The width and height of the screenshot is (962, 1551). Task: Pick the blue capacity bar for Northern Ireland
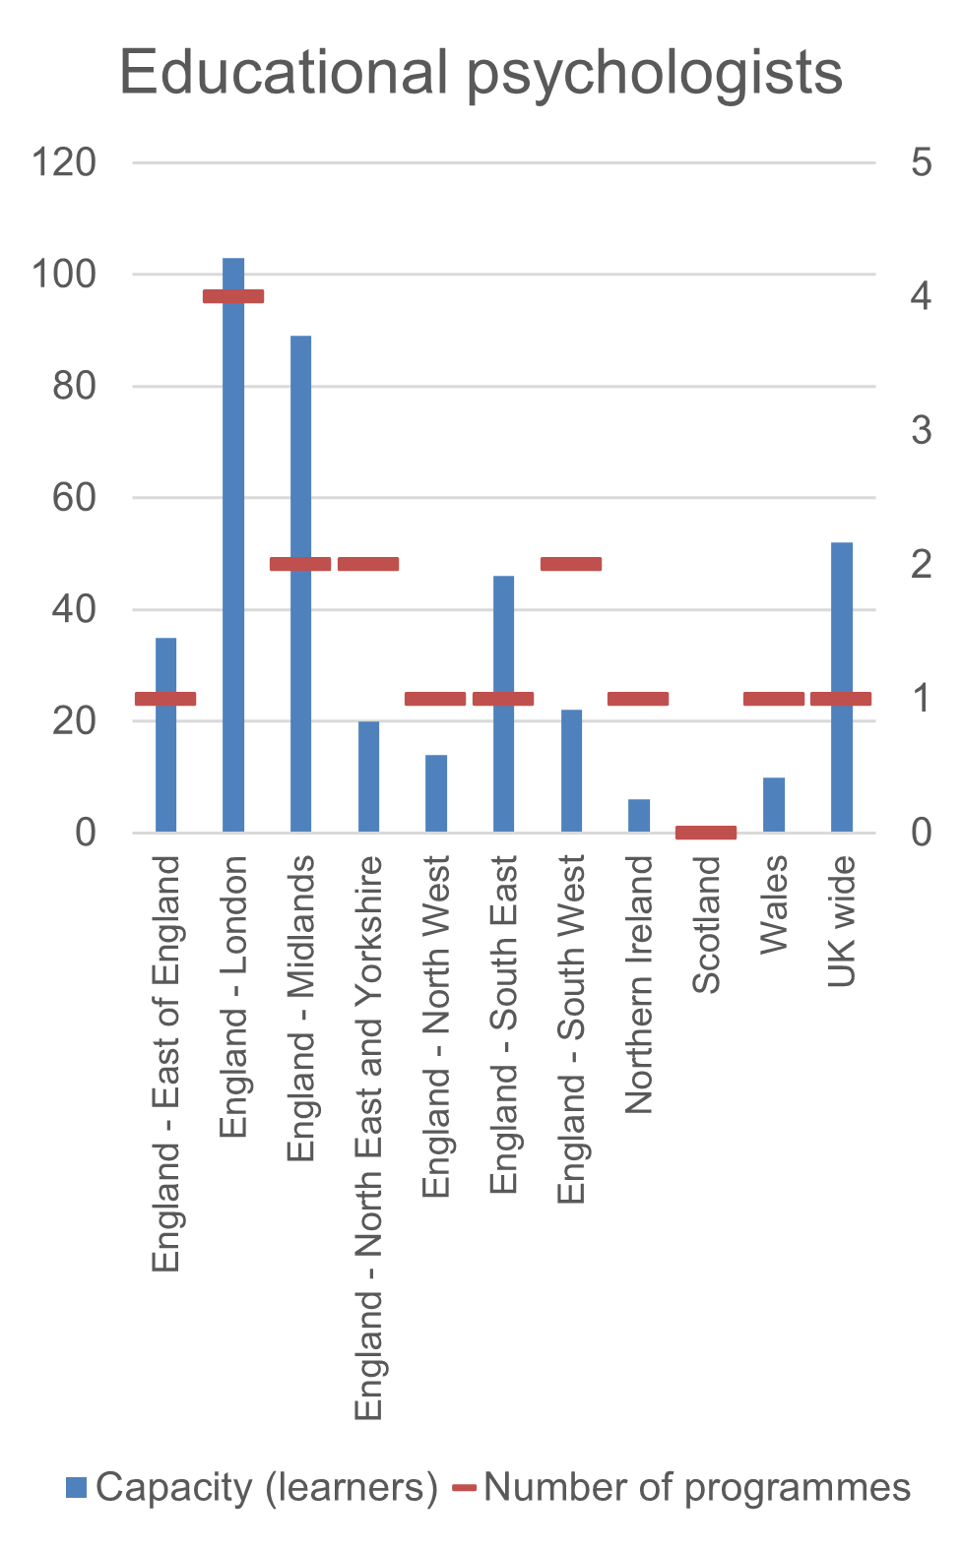coord(639,816)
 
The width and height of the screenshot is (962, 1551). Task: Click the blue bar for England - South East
coord(503,768)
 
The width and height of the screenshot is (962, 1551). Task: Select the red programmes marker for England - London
coord(233,296)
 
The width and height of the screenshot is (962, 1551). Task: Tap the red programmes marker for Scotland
coord(706,833)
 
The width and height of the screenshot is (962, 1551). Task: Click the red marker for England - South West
coord(571,564)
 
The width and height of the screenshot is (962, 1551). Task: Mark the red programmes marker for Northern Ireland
coord(638,699)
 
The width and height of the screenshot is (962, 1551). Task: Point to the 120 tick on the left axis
coord(64,162)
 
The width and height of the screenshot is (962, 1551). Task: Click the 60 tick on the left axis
coord(74,498)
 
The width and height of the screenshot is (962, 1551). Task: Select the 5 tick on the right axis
coord(922,162)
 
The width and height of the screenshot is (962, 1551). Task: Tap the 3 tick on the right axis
coord(922,431)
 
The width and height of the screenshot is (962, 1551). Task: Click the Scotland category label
coord(707,924)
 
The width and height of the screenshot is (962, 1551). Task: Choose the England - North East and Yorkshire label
coord(368,1137)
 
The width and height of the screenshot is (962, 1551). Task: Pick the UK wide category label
coord(842,921)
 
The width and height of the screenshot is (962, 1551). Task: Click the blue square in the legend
coord(76,1487)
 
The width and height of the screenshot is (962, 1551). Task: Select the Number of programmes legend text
coord(697,1487)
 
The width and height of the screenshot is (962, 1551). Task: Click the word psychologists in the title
coord(655,74)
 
